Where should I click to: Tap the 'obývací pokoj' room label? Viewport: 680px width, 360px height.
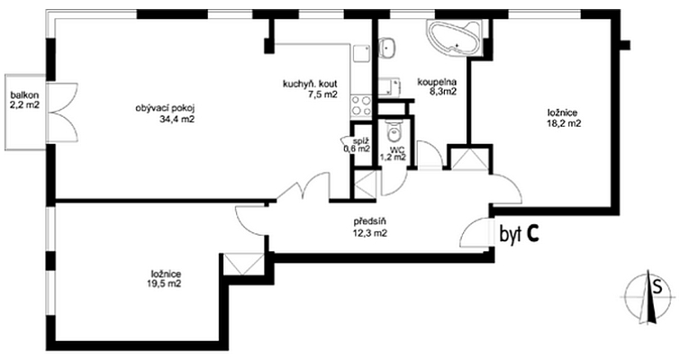coord(166,107)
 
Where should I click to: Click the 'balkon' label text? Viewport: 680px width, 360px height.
coord(23,94)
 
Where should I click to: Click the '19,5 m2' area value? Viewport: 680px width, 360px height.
coord(166,283)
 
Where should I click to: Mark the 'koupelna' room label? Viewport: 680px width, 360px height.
coord(436,80)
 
